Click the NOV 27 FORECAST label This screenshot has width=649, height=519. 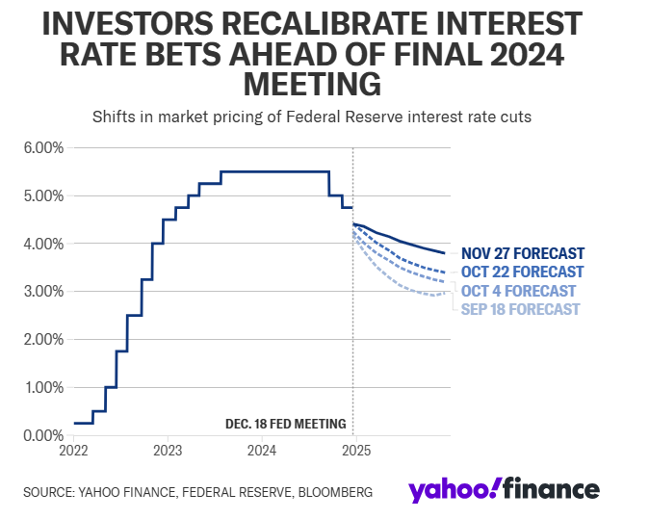[523, 254]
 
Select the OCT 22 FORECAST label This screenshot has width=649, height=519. [523, 272]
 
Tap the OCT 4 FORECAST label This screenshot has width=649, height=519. [519, 291]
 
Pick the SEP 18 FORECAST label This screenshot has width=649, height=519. [521, 309]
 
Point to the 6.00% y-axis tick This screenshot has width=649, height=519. [43, 148]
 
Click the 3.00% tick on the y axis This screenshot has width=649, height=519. [43, 292]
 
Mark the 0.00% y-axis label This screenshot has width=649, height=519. [43, 435]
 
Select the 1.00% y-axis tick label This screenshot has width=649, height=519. [43, 387]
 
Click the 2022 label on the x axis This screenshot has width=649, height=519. [73, 451]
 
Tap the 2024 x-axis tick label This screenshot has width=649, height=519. [262, 451]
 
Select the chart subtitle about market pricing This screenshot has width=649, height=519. [312, 117]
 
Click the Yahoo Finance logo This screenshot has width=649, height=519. [504, 490]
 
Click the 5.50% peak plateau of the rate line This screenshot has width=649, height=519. [274, 171]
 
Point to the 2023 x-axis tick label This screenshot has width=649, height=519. [168, 451]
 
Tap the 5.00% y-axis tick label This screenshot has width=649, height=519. [43, 196]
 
